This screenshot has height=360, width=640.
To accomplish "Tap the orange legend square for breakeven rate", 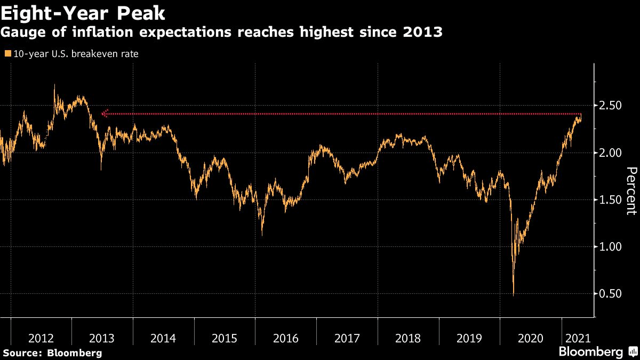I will point(6,54).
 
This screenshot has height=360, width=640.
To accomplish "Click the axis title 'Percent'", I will point(631,191).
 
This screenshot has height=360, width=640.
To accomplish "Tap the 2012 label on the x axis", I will point(41,338).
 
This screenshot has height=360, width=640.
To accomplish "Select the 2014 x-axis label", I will point(163,338).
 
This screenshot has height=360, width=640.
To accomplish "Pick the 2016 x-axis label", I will point(285,338).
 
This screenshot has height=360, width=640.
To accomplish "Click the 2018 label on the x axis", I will point(407,338).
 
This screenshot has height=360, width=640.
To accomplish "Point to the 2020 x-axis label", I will point(530,338).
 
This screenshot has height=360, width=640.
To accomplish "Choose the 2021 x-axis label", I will point(578,338).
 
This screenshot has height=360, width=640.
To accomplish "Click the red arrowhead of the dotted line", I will point(104,114).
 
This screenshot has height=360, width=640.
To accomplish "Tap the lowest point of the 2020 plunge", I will point(513,294).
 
